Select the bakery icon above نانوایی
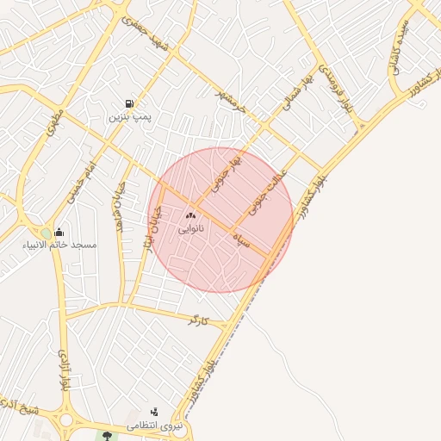click(x=190, y=216)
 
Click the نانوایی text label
click(x=190, y=229)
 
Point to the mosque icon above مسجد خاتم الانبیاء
click(x=59, y=232)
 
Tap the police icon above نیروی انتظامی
click(x=154, y=412)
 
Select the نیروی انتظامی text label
click(x=155, y=425)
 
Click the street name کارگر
click(x=198, y=320)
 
